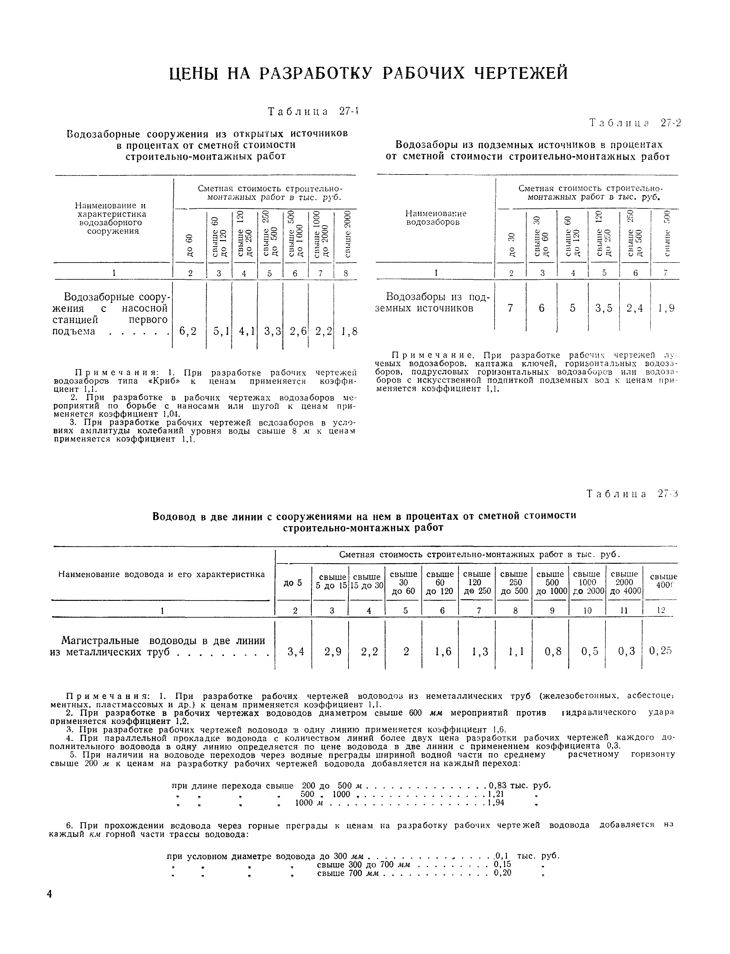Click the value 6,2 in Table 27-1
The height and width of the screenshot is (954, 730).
tap(188, 332)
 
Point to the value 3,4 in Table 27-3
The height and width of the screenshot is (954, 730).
tap(296, 651)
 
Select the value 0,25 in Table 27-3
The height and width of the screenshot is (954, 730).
tap(661, 651)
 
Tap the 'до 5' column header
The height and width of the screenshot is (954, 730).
tap(292, 583)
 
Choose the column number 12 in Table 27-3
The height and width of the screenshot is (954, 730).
tap(661, 610)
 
